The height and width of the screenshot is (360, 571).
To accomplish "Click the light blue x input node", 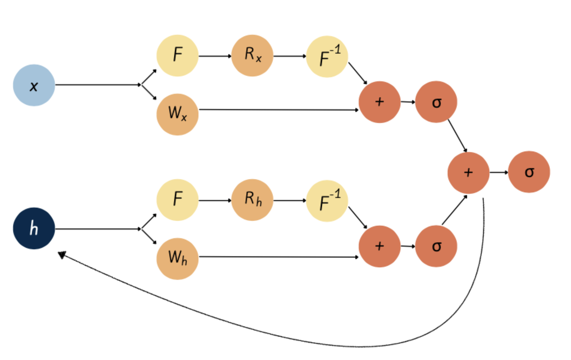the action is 34,85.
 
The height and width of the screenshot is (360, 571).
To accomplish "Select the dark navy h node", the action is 34,228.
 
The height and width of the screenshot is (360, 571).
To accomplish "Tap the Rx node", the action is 252,55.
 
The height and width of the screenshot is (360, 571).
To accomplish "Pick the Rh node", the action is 252,200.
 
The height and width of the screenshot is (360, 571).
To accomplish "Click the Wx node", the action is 178,114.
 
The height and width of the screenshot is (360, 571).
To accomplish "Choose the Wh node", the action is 178,259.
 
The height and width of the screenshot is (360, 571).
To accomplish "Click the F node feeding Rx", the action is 178,55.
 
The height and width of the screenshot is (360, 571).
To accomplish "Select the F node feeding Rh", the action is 178,200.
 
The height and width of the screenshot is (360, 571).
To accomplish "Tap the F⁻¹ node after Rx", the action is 327,56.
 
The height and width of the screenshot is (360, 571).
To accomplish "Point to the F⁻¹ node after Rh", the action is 327,201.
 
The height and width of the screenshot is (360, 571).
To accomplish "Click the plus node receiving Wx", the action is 380,102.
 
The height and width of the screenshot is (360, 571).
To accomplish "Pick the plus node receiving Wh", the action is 380,246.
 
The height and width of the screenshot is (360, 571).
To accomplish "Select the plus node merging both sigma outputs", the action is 468,173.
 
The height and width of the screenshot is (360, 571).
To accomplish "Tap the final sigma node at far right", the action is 529,172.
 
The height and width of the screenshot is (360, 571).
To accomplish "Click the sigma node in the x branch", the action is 436,102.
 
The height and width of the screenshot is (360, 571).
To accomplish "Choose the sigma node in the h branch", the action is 436,246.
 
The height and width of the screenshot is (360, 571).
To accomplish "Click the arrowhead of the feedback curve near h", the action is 62,255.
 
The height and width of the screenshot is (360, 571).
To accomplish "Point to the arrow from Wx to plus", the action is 279,109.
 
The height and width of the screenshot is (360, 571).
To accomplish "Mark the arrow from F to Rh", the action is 215,200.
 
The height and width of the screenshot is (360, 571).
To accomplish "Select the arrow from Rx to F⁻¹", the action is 290,56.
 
